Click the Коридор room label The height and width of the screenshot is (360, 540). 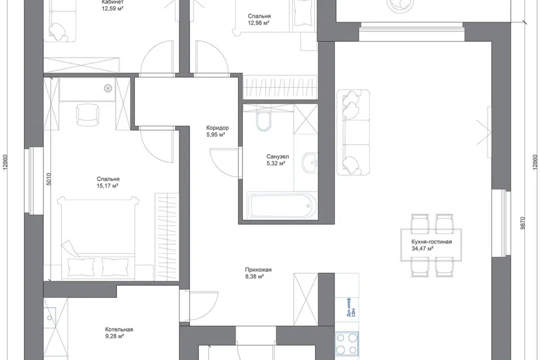click(217, 128)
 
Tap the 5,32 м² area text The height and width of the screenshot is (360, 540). click(276, 163)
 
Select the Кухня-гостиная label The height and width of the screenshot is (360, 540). click(431, 242)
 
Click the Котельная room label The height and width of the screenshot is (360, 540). click(119, 329)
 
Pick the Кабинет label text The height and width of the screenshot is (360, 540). click(112, 2)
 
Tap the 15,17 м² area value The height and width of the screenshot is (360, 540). click(107, 186)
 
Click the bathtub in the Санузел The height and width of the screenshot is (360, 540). click(282, 206)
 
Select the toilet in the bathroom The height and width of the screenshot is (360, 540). click(264, 120)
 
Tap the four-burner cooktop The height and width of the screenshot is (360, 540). click(346, 344)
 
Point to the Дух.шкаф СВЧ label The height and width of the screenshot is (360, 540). click(351, 308)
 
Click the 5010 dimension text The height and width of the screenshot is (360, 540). click(48, 179)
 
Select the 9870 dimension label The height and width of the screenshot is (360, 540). click(523, 223)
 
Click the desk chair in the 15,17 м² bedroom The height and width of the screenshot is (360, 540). click(87, 116)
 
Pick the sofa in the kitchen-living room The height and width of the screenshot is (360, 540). click(353, 133)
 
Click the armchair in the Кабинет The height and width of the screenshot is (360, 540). click(60, 27)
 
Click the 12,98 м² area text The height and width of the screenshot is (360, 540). click(258, 23)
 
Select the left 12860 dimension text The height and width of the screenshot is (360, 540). click(5, 161)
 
